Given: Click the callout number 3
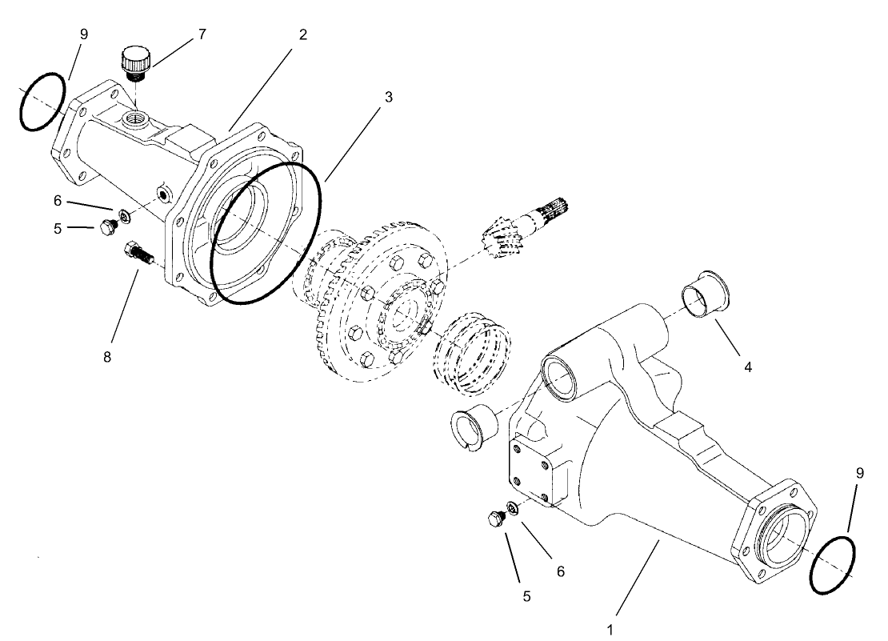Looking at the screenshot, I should click(388, 97).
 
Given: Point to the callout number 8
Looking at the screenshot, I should click(106, 356).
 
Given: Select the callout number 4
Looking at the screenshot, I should click(747, 367).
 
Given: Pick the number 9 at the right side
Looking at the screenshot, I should click(860, 473).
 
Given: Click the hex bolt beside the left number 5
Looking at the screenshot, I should click(106, 230).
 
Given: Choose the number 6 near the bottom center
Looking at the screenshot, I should click(560, 571).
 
